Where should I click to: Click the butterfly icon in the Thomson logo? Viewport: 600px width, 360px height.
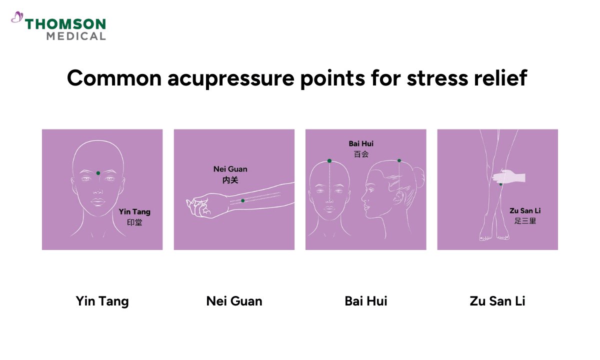pyautogui.click(x=17, y=18)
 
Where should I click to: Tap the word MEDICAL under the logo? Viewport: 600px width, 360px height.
pyautogui.click(x=76, y=36)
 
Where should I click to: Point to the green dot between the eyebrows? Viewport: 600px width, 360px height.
pyautogui.click(x=98, y=173)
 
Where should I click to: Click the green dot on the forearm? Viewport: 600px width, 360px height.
pyautogui.click(x=242, y=200)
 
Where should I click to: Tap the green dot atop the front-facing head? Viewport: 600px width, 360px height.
pyautogui.click(x=329, y=161)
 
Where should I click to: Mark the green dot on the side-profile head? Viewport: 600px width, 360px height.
pyautogui.click(x=399, y=160)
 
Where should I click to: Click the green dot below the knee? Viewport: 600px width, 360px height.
pyautogui.click(x=501, y=184)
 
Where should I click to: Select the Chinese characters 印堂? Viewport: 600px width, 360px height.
pyautogui.click(x=135, y=222)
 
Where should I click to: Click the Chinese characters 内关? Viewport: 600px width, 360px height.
pyautogui.click(x=230, y=180)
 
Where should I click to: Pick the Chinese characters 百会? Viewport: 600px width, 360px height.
pyautogui.click(x=361, y=154)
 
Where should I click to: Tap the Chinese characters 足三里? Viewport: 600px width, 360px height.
pyautogui.click(x=525, y=220)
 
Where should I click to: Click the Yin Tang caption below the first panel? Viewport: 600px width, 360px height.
pyautogui.click(x=102, y=301)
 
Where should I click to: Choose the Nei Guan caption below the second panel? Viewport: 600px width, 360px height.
pyautogui.click(x=234, y=301)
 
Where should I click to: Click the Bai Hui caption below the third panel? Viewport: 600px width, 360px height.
pyautogui.click(x=366, y=301)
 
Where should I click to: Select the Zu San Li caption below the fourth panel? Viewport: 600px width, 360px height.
pyautogui.click(x=497, y=301)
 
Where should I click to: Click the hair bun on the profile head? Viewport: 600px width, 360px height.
pyautogui.click(x=418, y=176)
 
